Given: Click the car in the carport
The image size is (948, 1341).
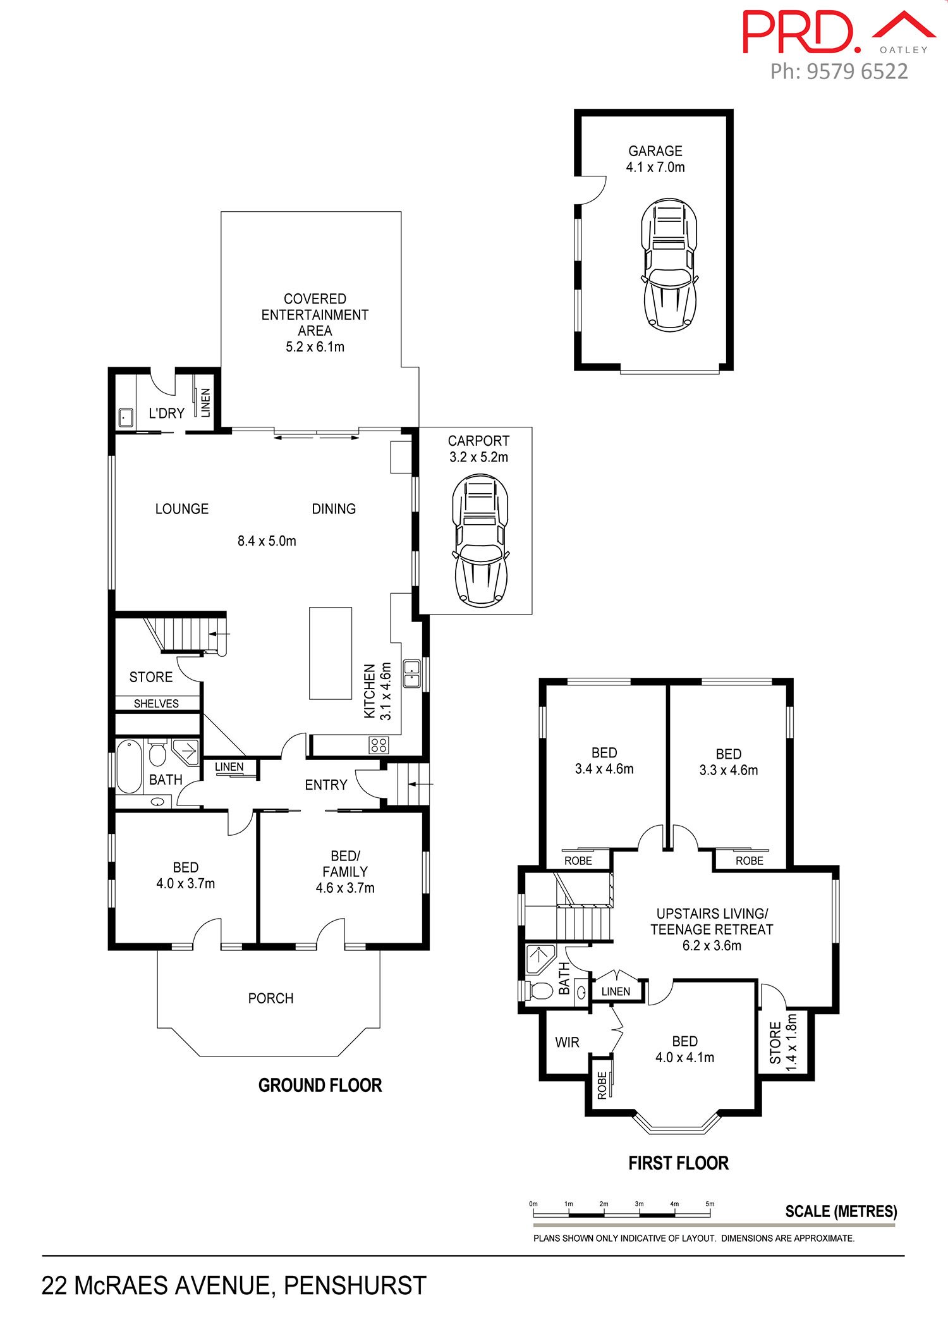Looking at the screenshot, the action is click(x=480, y=541).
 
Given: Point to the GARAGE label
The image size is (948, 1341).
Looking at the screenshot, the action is click(x=655, y=151).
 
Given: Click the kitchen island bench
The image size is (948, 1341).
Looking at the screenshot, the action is click(x=330, y=652).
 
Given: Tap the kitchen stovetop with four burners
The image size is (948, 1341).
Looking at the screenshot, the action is click(x=379, y=745).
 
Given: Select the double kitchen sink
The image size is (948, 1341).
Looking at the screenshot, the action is click(x=412, y=673).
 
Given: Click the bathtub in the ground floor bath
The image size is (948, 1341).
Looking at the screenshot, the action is click(x=129, y=766).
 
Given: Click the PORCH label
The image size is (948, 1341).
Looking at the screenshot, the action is click(x=271, y=998).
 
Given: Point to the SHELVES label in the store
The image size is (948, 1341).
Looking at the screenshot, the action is click(x=156, y=704).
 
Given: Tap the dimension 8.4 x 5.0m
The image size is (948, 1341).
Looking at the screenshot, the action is click(x=267, y=541).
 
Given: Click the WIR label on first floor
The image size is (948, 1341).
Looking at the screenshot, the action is click(x=567, y=1043).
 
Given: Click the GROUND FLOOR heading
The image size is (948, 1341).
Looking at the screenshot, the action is click(x=320, y=1086).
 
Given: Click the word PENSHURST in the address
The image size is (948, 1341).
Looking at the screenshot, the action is click(x=355, y=1285).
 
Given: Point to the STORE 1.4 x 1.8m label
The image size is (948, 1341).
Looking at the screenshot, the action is click(x=783, y=1042).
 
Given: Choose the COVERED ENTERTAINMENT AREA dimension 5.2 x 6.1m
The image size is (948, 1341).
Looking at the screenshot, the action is click(x=315, y=346).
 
